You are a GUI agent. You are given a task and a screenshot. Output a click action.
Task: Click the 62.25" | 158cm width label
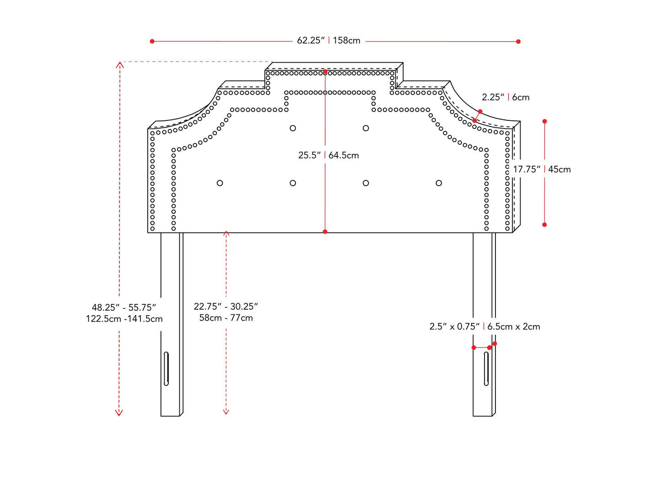tap(328, 41)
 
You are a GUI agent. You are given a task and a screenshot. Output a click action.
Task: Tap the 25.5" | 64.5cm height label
tap(328, 156)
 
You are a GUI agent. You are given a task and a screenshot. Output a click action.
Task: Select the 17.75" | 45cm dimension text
tap(542, 170)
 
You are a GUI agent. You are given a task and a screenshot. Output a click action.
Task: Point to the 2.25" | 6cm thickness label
tap(505, 97)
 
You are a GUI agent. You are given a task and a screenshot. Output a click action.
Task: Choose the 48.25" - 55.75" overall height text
tap(124, 308)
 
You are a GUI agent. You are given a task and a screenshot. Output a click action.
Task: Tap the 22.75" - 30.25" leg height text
tap(226, 307)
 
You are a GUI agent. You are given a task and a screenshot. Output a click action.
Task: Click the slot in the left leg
tap(166, 368)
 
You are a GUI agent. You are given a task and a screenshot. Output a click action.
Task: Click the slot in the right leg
tap(486, 368)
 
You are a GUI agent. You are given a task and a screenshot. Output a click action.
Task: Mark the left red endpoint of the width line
tap(152, 41)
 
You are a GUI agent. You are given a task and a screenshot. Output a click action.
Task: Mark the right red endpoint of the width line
tap(518, 42)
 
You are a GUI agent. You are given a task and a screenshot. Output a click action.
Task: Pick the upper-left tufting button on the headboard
tap(293, 128)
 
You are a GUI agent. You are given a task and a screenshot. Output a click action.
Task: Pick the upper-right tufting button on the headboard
tap(366, 128)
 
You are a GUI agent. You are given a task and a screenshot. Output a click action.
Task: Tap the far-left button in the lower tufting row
tap(220, 183)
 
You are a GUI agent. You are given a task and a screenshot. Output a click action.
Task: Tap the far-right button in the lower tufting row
tap(439, 183)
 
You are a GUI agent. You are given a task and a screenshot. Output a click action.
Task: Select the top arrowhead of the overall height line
tap(119, 64)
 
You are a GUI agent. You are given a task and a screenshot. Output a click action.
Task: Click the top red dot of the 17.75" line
tap(544, 121)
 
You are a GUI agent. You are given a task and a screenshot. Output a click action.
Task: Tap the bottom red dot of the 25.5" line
tap(325, 232)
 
